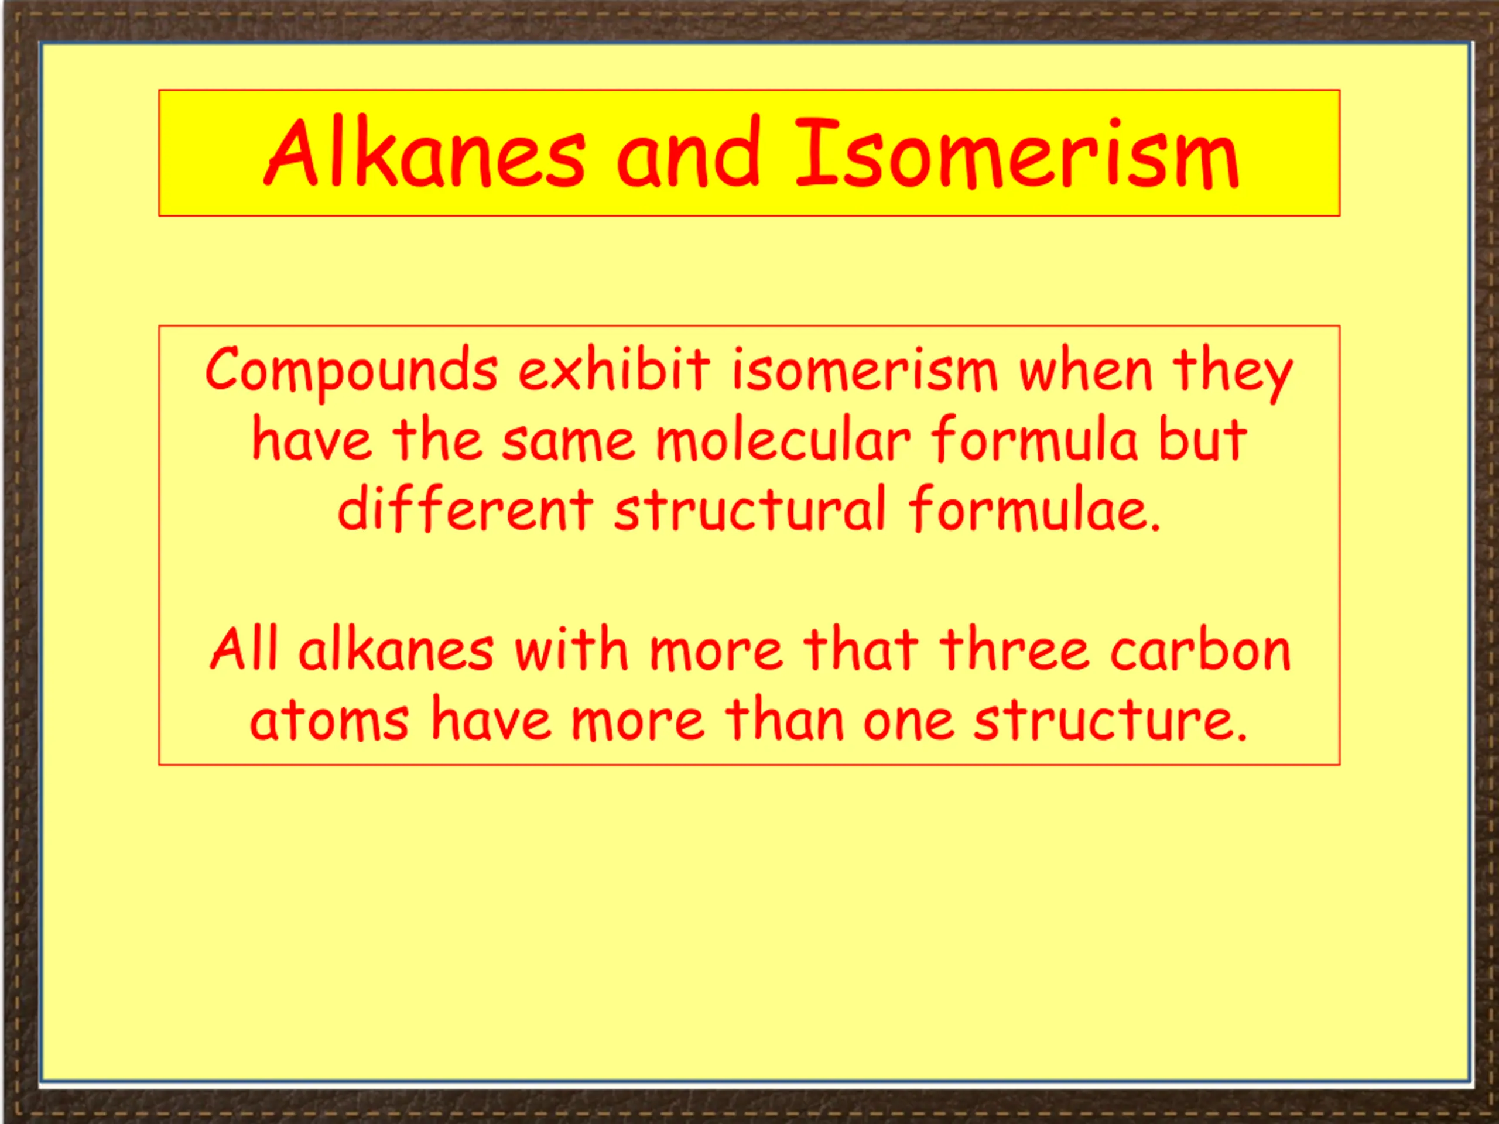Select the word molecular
(783, 438)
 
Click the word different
(466, 508)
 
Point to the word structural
(750, 508)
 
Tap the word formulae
(1034, 508)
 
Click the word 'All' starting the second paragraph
(244, 647)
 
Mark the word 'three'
(1014, 647)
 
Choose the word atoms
(329, 720)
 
